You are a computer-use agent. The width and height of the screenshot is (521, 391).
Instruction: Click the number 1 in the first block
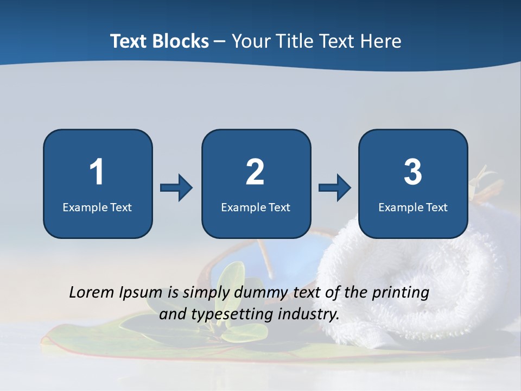97,172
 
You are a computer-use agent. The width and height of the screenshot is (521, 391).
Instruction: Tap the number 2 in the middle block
255,172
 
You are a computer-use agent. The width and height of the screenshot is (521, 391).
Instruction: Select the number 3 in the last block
413,172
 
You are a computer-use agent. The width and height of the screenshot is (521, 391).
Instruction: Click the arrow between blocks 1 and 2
176,188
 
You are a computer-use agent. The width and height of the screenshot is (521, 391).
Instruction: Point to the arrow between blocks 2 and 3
335,188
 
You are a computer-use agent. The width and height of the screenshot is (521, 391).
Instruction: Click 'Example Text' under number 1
97,207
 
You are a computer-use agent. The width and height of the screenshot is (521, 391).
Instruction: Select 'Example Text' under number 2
256,207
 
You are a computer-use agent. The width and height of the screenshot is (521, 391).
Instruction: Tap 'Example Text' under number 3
413,207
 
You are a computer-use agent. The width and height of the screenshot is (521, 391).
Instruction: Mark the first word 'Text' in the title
129,41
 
